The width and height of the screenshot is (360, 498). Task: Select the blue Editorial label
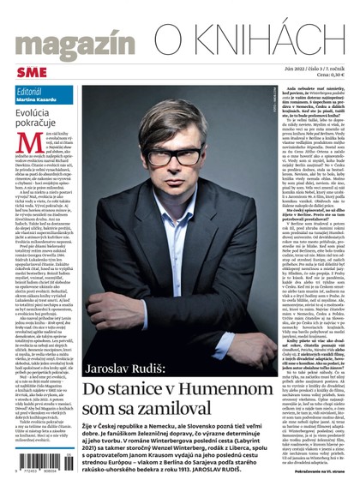(x=29, y=91)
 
